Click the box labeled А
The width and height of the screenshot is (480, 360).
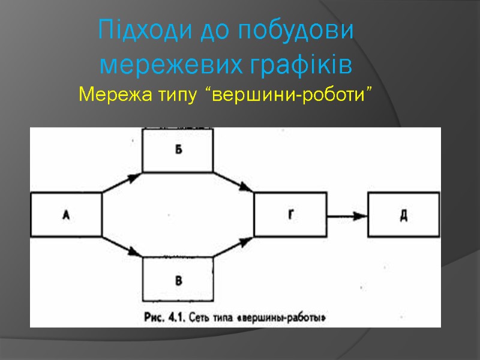(65, 214)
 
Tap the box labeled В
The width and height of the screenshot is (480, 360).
(178, 280)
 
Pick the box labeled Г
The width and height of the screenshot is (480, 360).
(290, 214)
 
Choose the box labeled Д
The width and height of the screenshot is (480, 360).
(404, 214)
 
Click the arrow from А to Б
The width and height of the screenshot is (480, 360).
(122, 182)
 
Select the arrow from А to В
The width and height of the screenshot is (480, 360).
(122, 247)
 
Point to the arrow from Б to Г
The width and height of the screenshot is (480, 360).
(234, 182)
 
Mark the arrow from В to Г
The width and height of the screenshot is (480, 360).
(234, 247)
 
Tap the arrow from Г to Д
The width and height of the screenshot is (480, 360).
(347, 215)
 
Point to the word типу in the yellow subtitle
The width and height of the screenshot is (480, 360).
(175, 94)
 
